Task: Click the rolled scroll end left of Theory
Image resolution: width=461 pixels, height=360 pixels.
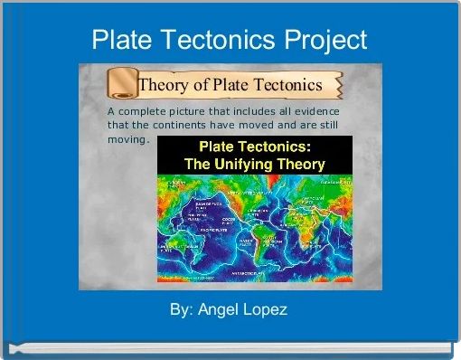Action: coord(119,84)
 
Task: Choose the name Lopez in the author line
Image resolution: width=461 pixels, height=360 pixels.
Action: coord(268,309)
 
